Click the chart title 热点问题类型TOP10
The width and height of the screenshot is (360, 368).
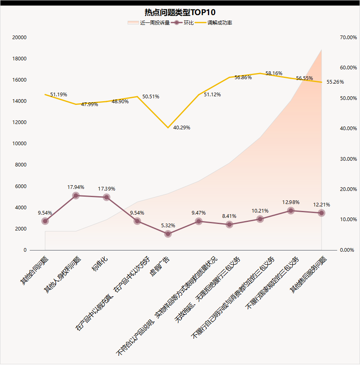(x=180, y=12)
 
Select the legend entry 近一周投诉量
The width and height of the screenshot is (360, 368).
(x=155, y=23)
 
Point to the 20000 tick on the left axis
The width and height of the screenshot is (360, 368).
(x=20, y=38)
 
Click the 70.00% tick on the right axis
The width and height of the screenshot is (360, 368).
(x=348, y=38)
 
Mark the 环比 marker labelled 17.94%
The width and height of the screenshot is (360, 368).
(x=76, y=195)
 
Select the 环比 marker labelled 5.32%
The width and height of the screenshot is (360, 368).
(x=168, y=234)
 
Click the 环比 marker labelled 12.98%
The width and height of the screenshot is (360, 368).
(x=291, y=211)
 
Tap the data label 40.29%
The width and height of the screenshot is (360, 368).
(x=181, y=128)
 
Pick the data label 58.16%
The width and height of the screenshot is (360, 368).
(x=274, y=73)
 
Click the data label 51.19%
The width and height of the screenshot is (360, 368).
(x=59, y=95)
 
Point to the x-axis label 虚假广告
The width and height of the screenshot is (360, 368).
(x=160, y=267)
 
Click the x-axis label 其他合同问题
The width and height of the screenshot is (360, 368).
(x=34, y=271)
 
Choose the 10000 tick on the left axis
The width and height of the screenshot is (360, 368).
(x=20, y=144)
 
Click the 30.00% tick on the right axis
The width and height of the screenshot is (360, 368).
(x=348, y=159)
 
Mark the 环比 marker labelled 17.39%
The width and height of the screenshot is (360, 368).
(x=106, y=197)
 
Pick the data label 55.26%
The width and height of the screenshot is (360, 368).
(x=335, y=82)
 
